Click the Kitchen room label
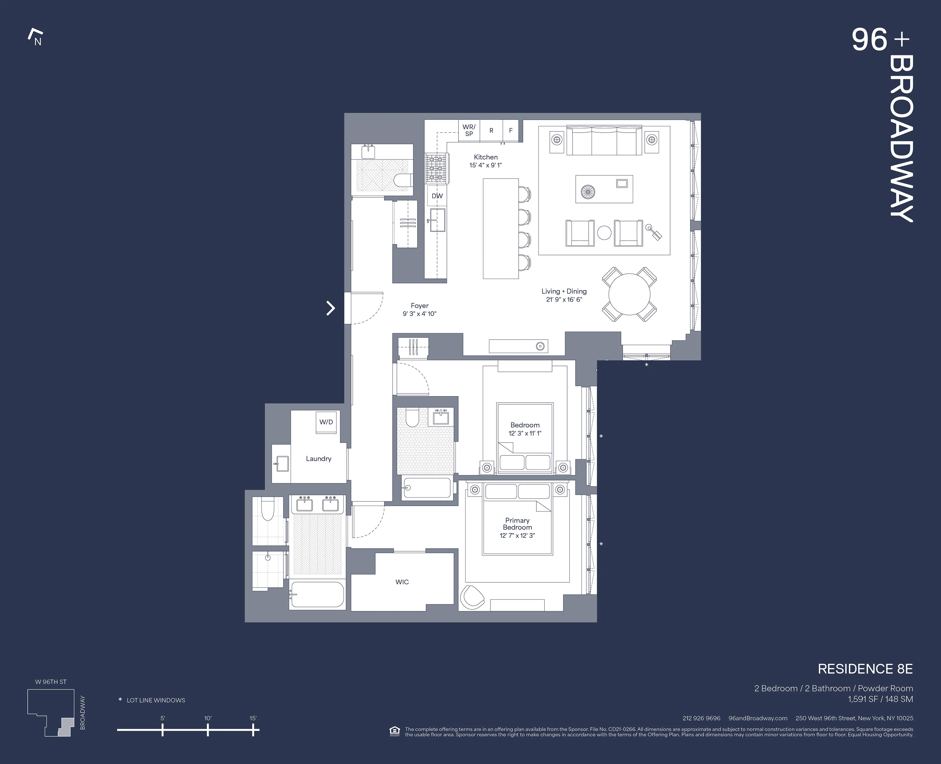tap(486, 157)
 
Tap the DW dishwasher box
tap(437, 196)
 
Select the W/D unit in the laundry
tap(326, 422)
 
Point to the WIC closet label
tap(402, 582)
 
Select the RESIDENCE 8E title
tap(865, 669)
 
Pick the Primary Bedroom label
tap(517, 524)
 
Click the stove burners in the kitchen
tap(436, 168)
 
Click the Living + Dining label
tap(564, 291)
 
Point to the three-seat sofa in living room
tap(604, 140)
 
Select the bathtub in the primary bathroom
tap(317, 595)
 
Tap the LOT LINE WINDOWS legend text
tap(156, 700)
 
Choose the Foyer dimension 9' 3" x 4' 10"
tap(419, 314)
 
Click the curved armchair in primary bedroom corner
tap(472, 597)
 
